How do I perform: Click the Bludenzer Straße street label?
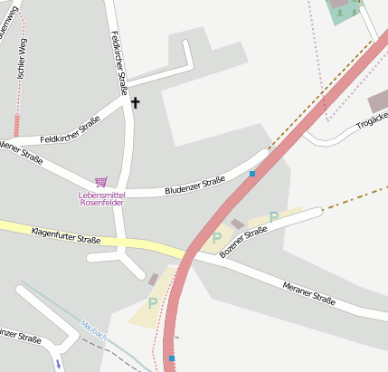[194, 186]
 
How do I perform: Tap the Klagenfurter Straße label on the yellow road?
[65, 236]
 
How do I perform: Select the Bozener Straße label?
[244, 243]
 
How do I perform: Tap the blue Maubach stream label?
[93, 329]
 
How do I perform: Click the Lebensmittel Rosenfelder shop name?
[101, 198]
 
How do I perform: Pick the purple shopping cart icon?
[101, 183]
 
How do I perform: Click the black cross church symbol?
[136, 102]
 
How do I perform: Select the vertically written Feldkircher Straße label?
[118, 63]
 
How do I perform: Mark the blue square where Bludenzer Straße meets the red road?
[252, 174]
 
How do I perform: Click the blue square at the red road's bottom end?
[172, 358]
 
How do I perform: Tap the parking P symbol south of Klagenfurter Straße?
[152, 303]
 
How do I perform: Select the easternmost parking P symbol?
[273, 217]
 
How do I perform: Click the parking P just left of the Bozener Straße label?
[216, 237]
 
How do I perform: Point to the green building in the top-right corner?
[343, 9]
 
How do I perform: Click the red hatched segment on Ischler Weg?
[15, 126]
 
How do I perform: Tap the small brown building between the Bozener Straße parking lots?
[237, 224]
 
